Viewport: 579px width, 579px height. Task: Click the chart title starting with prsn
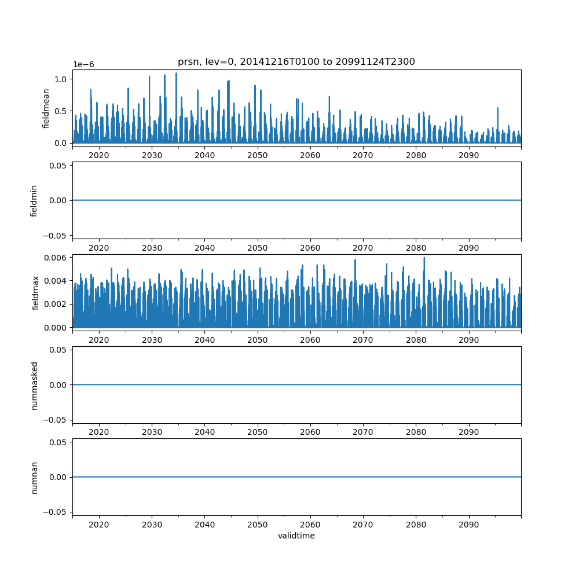[296, 62]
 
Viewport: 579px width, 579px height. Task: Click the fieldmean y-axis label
[46, 108]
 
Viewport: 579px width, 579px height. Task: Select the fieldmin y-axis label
[34, 200]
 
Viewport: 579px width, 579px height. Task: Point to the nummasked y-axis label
[34, 385]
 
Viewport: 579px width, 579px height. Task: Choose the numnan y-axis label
[34, 477]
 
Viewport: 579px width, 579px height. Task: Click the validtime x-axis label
[296, 536]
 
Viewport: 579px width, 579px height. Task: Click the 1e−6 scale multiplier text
[83, 65]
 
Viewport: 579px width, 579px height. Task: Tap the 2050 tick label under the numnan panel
[258, 524]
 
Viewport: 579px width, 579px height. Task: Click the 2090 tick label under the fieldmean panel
[468, 155]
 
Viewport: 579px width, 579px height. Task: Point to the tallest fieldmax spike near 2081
[424, 258]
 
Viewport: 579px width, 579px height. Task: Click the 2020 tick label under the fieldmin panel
[99, 247]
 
